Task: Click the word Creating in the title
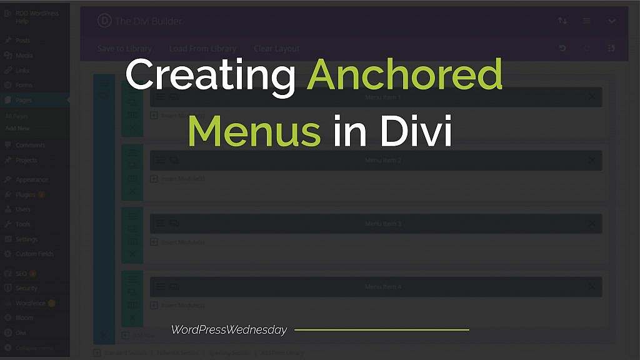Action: coord(210,76)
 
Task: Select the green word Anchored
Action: coord(405,75)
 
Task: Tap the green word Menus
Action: coord(254,131)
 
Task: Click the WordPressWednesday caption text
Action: coord(229,330)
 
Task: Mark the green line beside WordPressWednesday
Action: coord(381,330)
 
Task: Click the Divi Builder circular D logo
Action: coord(104,21)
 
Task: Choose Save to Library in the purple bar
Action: coord(124,49)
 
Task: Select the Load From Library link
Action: coord(202,49)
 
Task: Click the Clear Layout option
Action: coord(276,49)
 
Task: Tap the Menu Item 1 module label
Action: coord(383,97)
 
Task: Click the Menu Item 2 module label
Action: coord(383,161)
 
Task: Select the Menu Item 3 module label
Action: coord(383,224)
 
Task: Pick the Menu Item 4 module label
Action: coord(383,287)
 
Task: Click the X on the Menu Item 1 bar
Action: coord(592,97)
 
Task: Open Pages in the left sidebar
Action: coord(24,100)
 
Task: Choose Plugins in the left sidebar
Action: coord(26,194)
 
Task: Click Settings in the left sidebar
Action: coord(27,239)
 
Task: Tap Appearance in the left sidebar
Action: coord(32,179)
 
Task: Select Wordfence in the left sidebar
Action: coord(31,303)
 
